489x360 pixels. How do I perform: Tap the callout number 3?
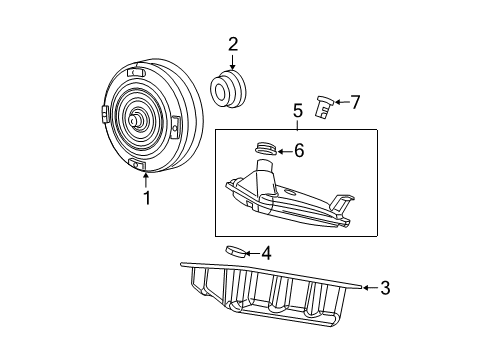tap(384, 288)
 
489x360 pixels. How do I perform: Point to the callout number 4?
tap(265, 253)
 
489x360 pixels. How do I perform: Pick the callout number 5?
tap(296, 111)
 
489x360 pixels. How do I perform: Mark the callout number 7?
tap(355, 101)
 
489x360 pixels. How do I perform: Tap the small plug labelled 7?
tap(322, 107)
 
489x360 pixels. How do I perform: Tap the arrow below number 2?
tap(233, 62)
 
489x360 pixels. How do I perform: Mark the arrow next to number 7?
tap(340, 101)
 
